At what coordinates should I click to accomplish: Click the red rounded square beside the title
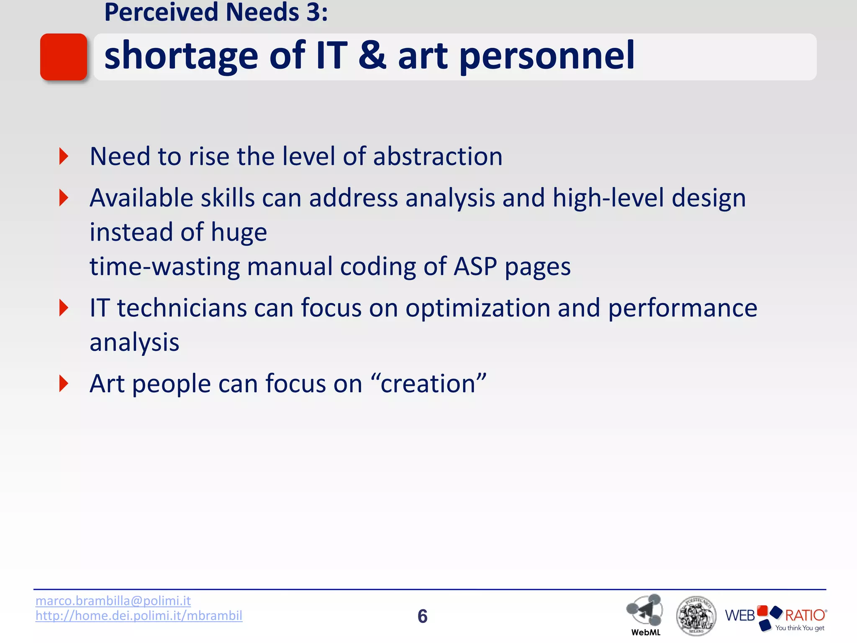click(64, 57)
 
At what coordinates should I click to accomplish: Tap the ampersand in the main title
click(372, 55)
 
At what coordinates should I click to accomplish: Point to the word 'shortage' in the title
click(181, 57)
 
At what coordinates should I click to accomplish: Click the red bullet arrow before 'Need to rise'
click(64, 156)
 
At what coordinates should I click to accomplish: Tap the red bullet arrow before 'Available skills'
click(64, 198)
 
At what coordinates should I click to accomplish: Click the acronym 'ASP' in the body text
click(475, 266)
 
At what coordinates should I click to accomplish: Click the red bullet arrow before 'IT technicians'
click(64, 308)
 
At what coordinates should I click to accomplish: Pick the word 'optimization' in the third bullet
click(477, 309)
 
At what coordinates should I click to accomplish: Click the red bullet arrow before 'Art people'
click(64, 383)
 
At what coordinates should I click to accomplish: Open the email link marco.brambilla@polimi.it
click(113, 601)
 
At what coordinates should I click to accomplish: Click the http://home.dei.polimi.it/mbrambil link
click(139, 616)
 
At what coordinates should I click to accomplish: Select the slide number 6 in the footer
click(422, 616)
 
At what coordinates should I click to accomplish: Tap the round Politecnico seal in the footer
click(696, 616)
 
